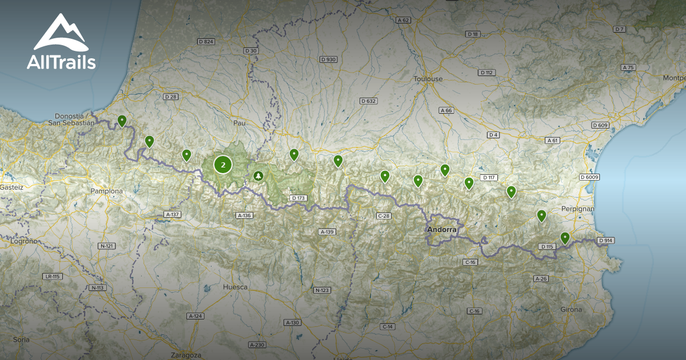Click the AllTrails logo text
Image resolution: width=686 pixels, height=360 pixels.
click(x=61, y=62)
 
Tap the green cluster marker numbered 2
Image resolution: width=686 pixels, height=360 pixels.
click(x=223, y=165)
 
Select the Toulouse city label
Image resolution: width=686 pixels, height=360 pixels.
click(x=428, y=79)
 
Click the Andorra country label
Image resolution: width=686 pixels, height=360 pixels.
click(x=442, y=230)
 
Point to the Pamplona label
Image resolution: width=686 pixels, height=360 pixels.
click(x=107, y=191)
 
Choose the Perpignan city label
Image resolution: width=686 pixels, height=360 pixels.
click(x=577, y=209)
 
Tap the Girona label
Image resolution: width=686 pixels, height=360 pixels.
click(x=571, y=309)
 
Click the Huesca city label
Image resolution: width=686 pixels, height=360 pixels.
click(x=236, y=287)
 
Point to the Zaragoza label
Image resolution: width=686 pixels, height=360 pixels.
click(x=186, y=355)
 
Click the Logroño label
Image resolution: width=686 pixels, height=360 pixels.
click(x=24, y=241)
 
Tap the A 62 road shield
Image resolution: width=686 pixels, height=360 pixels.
click(x=403, y=20)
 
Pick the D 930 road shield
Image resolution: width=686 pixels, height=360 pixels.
click(x=328, y=59)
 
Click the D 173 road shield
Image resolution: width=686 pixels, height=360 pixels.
click(x=298, y=198)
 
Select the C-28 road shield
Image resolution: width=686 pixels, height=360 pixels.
click(x=384, y=215)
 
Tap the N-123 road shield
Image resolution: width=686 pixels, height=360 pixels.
click(x=322, y=290)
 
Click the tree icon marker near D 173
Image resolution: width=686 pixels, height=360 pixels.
click(x=258, y=175)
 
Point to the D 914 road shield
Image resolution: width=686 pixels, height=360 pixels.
click(x=605, y=241)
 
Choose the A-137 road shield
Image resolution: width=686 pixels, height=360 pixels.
click(x=172, y=214)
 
